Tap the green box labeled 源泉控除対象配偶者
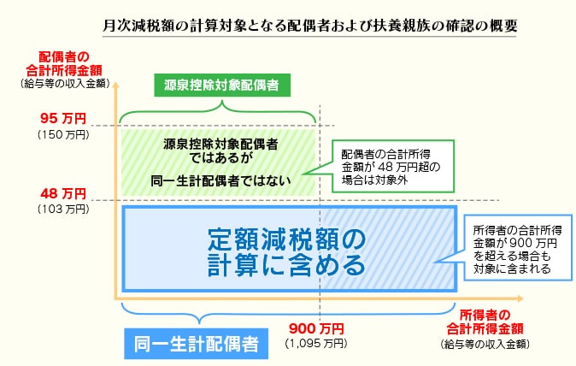click(x=221, y=85)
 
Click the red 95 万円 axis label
click(x=63, y=120)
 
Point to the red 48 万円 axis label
click(x=63, y=193)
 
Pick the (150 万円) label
click(x=63, y=134)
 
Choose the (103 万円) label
click(x=63, y=208)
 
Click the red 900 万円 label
click(x=316, y=328)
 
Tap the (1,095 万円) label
click(x=316, y=343)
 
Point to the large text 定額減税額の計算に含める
click(x=286, y=249)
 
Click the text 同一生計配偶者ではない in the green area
click(x=220, y=180)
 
